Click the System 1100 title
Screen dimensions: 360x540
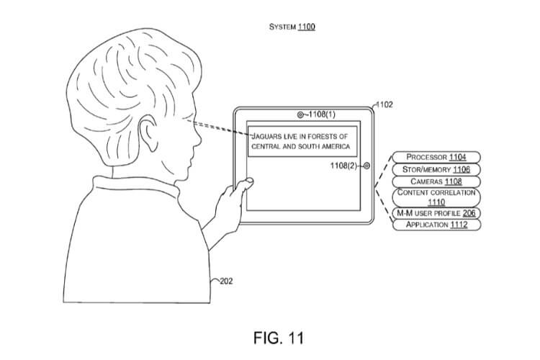tap(292, 27)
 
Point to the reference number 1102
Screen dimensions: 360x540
tap(384, 105)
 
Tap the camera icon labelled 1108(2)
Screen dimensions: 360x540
tap(368, 166)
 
